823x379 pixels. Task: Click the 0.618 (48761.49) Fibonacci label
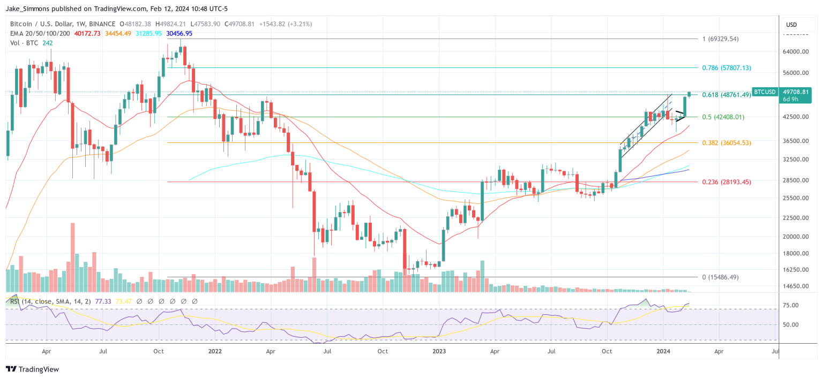click(726, 94)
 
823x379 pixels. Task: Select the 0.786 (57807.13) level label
click(727, 68)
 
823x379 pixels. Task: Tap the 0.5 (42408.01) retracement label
click(723, 117)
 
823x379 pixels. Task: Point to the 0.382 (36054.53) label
click(727, 143)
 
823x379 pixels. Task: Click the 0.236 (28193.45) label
click(727, 182)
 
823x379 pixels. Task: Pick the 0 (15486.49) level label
click(720, 277)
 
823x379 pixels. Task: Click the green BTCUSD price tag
click(765, 92)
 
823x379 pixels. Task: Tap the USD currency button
click(791, 25)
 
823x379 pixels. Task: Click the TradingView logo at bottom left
click(32, 369)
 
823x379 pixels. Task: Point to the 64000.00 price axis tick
click(795, 51)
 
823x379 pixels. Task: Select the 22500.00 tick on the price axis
click(795, 218)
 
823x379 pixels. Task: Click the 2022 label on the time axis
click(215, 352)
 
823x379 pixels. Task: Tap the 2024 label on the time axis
click(663, 352)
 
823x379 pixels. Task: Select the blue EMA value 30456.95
click(179, 33)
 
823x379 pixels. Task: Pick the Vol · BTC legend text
click(24, 42)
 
